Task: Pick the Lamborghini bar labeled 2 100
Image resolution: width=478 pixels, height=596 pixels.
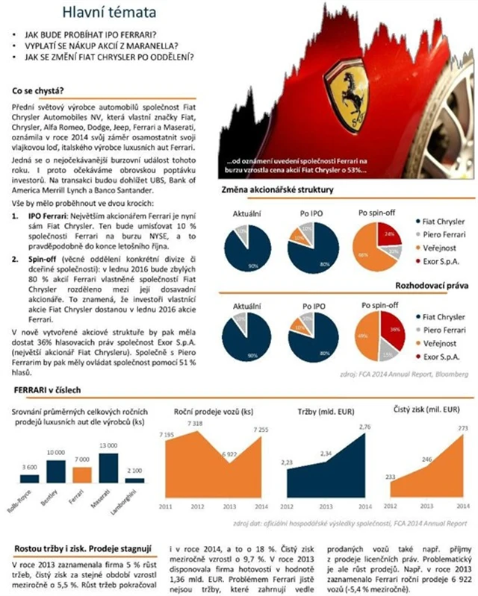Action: pos(134,481)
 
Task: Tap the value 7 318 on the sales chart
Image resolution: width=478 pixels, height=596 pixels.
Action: pos(196,422)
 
